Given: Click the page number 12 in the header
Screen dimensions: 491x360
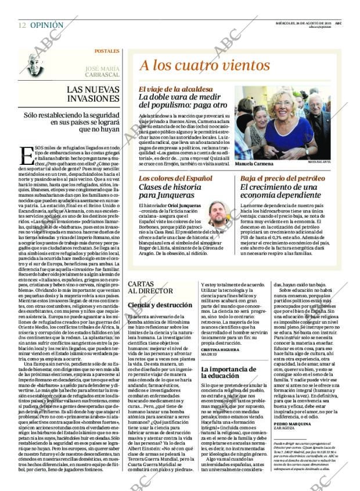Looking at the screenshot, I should click(22, 26).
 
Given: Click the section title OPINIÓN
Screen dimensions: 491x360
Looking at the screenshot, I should click(47, 26).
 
